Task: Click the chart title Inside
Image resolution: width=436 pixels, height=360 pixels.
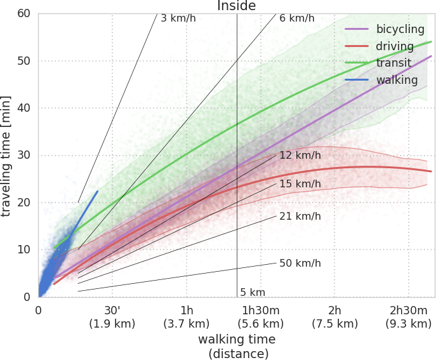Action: coord(236,6)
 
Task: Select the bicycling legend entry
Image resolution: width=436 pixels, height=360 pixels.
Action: coord(385,29)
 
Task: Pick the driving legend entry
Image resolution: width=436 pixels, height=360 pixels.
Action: coord(380,46)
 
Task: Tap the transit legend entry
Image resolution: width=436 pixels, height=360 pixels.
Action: coord(378,63)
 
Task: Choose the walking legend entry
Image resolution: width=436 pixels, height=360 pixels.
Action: coord(381,80)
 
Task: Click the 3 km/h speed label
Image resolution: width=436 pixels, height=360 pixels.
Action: coord(178,18)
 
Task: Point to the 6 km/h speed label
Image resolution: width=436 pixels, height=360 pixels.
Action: coord(297,18)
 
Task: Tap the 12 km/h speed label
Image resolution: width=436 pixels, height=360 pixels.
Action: coord(300,156)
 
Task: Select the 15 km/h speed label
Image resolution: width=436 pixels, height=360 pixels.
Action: coord(300,184)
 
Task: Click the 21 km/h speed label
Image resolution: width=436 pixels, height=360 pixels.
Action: coord(300,216)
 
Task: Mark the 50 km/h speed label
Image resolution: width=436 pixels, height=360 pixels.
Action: coord(300,263)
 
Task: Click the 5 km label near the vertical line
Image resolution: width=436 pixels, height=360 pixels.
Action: coord(253,293)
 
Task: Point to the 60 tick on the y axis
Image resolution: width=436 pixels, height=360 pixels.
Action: coord(23,13)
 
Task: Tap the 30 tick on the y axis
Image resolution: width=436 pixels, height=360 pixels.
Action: coord(23,155)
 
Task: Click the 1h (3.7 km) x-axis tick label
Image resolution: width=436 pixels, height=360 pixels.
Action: coord(187,317)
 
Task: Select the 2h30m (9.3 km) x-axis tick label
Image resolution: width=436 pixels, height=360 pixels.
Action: coord(409,317)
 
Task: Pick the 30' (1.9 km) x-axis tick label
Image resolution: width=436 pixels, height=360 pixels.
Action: coord(112,317)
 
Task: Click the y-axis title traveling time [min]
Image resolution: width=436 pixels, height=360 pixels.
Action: coord(6,156)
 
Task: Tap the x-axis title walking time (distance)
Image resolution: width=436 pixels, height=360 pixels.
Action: coord(237,347)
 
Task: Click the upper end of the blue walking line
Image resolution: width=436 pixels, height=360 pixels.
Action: coord(97,191)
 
